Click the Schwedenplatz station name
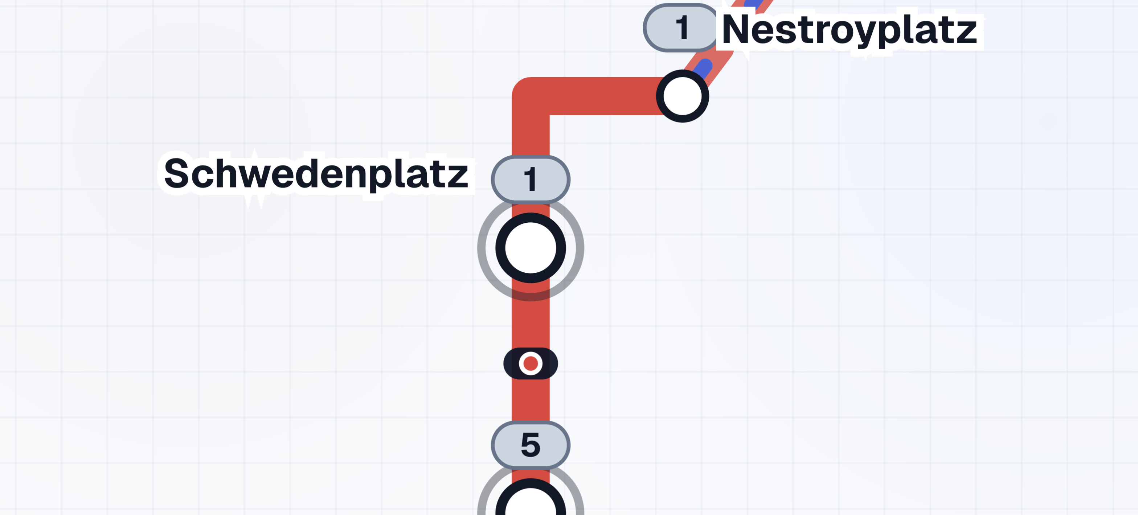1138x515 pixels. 315,174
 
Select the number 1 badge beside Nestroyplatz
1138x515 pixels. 681,28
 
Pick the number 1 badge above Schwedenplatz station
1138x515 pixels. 530,179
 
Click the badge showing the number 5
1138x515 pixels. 530,445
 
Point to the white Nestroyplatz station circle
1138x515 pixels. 682,96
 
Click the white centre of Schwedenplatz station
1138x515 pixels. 530,248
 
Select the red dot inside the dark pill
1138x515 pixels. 530,363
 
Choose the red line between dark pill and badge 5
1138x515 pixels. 530,400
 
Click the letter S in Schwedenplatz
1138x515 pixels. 176,174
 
